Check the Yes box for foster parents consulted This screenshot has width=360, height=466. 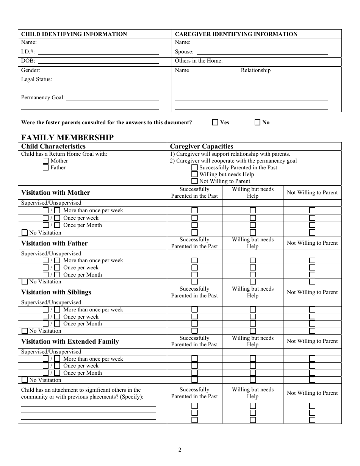215,122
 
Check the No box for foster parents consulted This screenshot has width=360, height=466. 257,122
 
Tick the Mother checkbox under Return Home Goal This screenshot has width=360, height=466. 46,161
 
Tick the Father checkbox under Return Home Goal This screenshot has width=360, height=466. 46,167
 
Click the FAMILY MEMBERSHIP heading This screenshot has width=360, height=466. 67,138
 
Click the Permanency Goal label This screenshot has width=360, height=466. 42,97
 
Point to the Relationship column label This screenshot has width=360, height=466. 256,70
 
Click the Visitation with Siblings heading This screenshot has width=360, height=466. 56,292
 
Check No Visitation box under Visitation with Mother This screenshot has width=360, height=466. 25,233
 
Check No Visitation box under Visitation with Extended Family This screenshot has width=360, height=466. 25,380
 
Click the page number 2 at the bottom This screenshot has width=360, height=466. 180,450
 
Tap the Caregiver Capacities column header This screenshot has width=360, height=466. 202,146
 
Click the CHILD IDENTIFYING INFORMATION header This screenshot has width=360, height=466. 74,34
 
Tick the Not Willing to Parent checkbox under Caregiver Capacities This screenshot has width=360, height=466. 194,181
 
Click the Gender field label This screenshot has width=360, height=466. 30,70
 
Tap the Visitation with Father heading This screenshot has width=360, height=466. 54,243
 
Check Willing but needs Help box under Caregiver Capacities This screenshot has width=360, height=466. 194,174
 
